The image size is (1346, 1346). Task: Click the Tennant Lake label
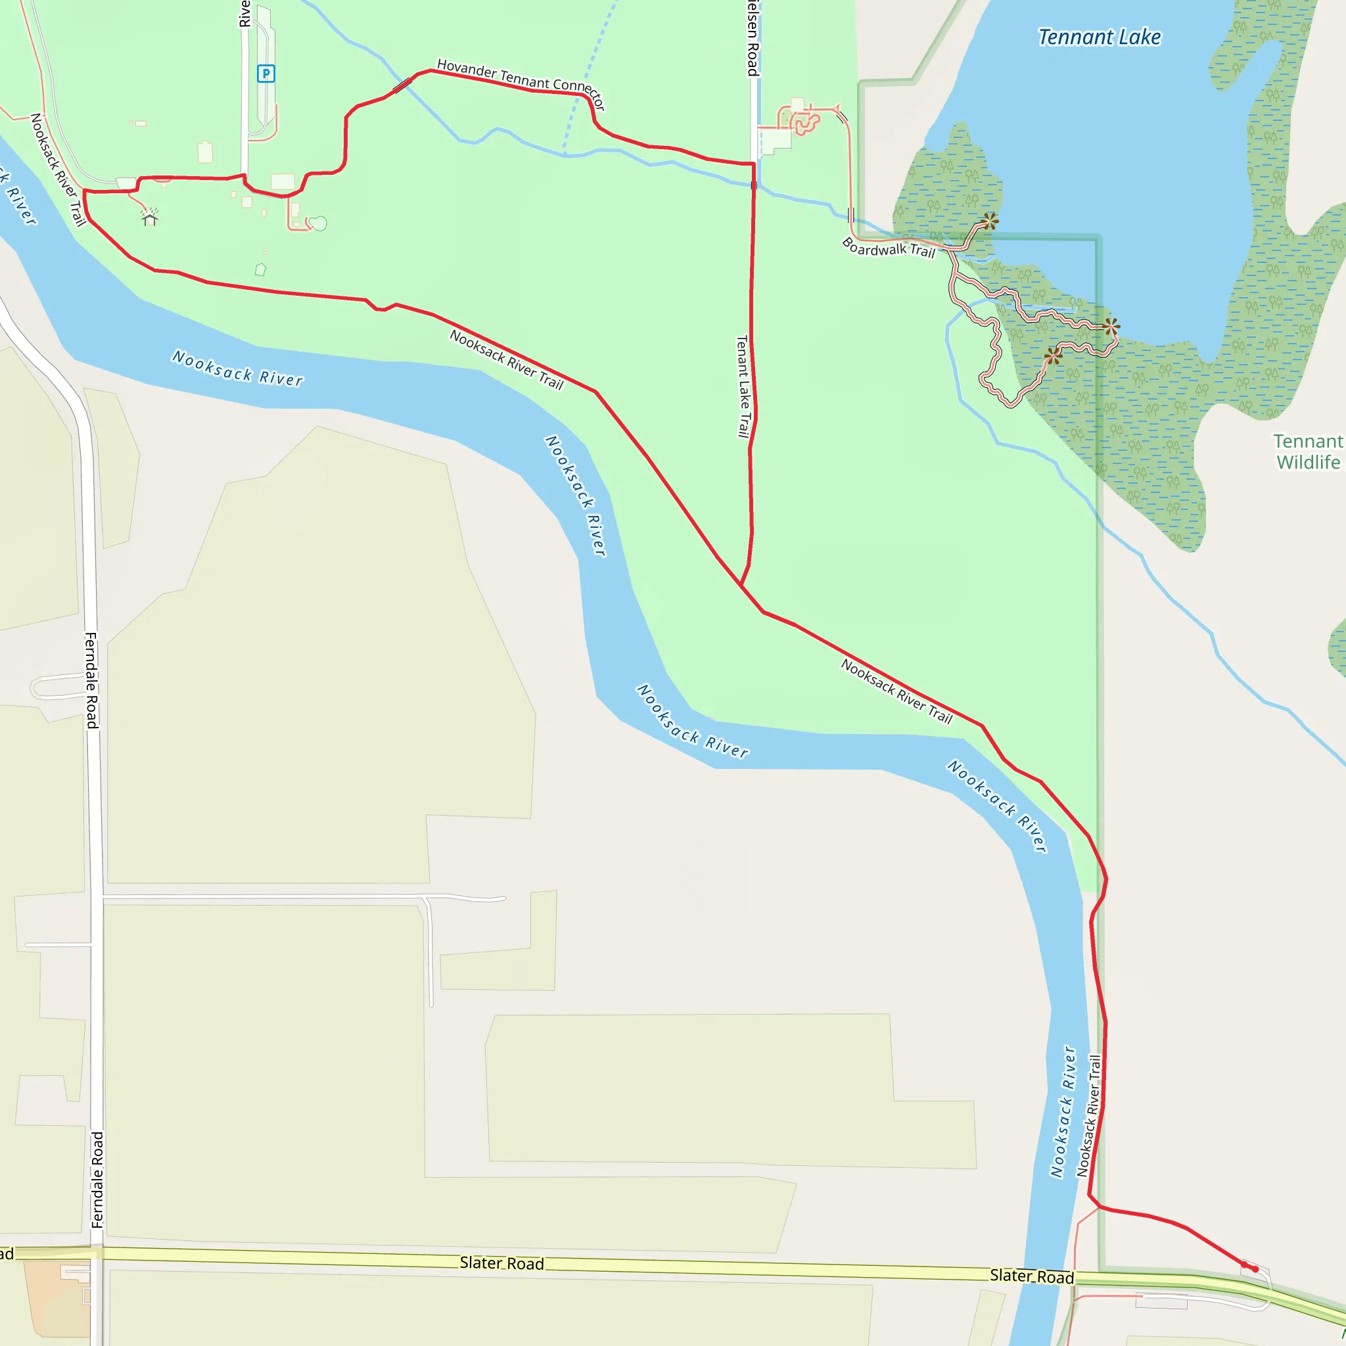[1100, 37]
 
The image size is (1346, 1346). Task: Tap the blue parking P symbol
[266, 73]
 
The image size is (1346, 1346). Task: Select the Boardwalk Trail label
[889, 248]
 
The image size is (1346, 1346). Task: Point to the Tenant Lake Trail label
[743, 386]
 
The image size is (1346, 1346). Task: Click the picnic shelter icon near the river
[150, 218]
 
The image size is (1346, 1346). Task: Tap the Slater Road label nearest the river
[1031, 1276]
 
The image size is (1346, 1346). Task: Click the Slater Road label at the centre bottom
[501, 1263]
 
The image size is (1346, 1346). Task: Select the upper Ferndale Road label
[91, 680]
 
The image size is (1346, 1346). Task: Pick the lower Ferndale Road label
[97, 1180]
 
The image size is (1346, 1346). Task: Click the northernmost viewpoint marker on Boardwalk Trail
[989, 222]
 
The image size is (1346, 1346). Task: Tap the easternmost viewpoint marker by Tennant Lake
[1112, 326]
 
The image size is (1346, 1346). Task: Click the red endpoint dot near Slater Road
[1255, 1269]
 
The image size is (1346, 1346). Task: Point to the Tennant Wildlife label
[1307, 452]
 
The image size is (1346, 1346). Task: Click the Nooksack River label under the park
[237, 369]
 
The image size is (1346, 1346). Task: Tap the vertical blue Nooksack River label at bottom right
[1063, 1111]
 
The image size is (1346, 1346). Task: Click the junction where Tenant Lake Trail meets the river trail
[740, 584]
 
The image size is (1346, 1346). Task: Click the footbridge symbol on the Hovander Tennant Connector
[403, 85]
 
